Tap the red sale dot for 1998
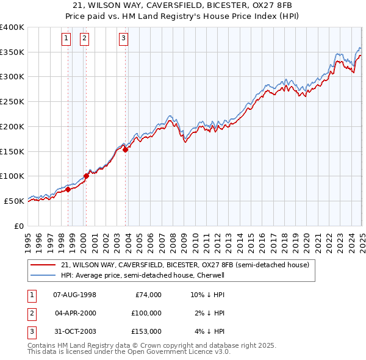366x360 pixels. (68, 189)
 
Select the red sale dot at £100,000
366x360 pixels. (87, 176)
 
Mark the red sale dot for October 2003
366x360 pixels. (126, 149)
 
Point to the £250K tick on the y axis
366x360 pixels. (13, 102)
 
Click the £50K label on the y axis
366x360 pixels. (15, 201)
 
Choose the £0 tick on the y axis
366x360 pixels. (19, 226)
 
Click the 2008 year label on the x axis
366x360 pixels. (173, 239)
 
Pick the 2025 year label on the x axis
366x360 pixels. (362, 239)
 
